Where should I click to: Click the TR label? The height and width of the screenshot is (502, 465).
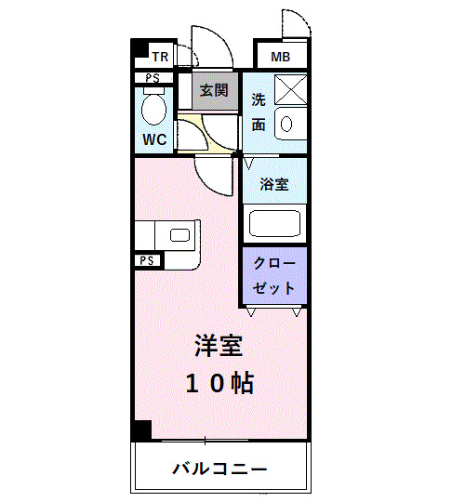[161, 56]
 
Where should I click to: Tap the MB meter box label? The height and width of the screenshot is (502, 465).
[280, 57]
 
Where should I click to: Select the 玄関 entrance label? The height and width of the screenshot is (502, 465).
[214, 91]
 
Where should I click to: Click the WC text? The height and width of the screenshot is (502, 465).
[154, 140]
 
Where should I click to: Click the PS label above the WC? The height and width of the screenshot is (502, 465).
[153, 78]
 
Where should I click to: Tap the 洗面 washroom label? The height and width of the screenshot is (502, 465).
[259, 111]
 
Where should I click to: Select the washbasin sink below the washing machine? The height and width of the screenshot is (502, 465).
[286, 123]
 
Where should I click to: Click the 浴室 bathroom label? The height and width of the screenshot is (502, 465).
[273, 184]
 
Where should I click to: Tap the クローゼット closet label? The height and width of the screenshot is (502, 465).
[274, 275]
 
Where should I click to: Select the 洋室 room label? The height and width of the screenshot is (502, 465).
[219, 346]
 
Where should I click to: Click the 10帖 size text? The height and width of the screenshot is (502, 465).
[219, 383]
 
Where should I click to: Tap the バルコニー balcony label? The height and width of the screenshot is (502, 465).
[219, 468]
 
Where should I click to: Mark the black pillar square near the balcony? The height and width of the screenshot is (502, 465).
[140, 430]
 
